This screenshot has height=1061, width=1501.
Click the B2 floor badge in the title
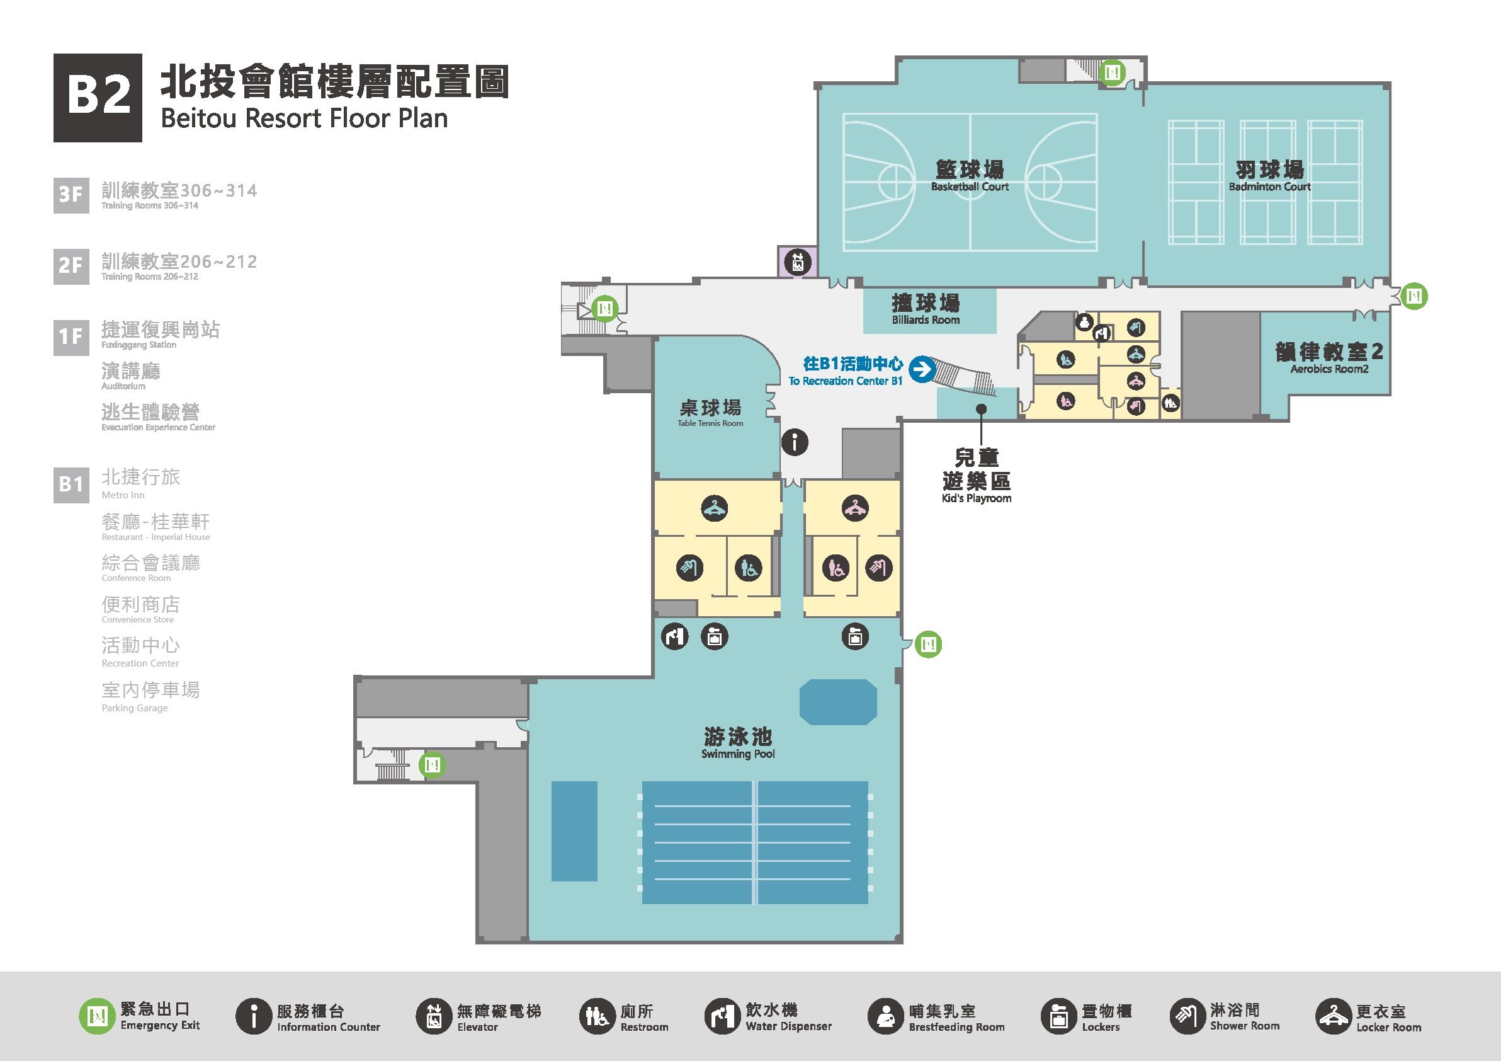point(98,98)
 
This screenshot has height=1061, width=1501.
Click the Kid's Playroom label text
point(976,498)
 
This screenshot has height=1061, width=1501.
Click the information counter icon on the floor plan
point(795,443)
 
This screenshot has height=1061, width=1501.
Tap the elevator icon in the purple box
point(797,263)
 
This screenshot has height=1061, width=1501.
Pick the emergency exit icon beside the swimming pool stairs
point(432,764)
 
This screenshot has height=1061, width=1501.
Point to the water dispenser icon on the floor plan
point(676,636)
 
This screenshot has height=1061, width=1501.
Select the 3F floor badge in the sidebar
point(71,194)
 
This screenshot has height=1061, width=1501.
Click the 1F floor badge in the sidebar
point(71,337)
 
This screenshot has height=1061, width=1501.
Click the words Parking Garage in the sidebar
point(135,708)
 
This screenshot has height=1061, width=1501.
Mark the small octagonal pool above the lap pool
point(837,702)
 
